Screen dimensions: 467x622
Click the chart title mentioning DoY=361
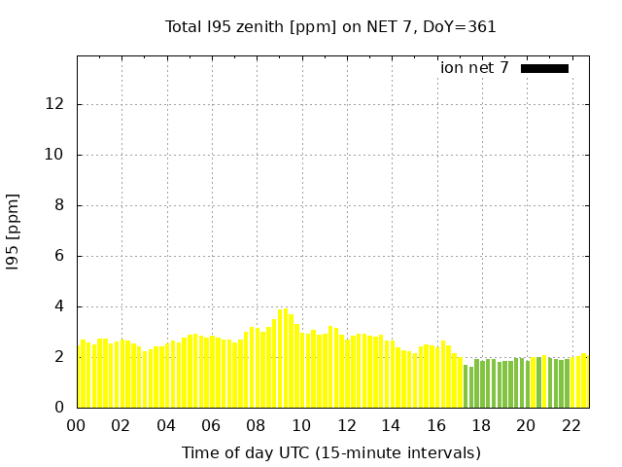tap(330, 27)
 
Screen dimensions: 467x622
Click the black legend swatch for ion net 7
tap(544, 68)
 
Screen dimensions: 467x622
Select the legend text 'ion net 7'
tap(474, 68)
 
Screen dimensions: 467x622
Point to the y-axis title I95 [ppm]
tap(14, 232)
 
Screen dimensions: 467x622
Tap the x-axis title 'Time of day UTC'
tap(330, 452)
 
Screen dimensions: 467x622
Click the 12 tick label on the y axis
tap(57, 104)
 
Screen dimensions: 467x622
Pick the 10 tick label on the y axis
tap(57, 155)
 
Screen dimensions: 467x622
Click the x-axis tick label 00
tap(77, 425)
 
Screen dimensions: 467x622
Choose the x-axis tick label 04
tap(166, 425)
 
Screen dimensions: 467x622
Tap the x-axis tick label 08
tap(257, 425)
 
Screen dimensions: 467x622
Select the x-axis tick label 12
tap(346, 425)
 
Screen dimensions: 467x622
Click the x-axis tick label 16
tap(436, 425)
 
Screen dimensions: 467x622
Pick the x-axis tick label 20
tap(526, 425)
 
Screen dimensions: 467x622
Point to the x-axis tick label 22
tap(570, 425)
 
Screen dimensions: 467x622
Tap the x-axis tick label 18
tap(481, 425)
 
